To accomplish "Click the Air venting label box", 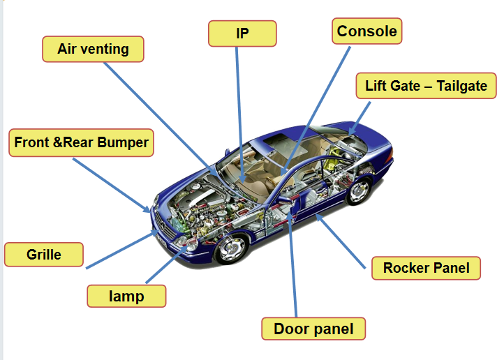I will (x=93, y=50).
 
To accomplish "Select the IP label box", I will (x=242, y=33).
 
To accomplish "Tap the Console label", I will (x=366, y=31).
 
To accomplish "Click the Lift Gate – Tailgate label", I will (x=426, y=87).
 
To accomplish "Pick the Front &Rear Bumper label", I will (x=82, y=143).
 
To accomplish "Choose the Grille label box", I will (x=44, y=255).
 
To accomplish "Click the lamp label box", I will (x=126, y=296).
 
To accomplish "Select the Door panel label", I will (x=313, y=329).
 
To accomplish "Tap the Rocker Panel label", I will (x=426, y=268).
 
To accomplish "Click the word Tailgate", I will (x=462, y=87).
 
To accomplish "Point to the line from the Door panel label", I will (x=296, y=279).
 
